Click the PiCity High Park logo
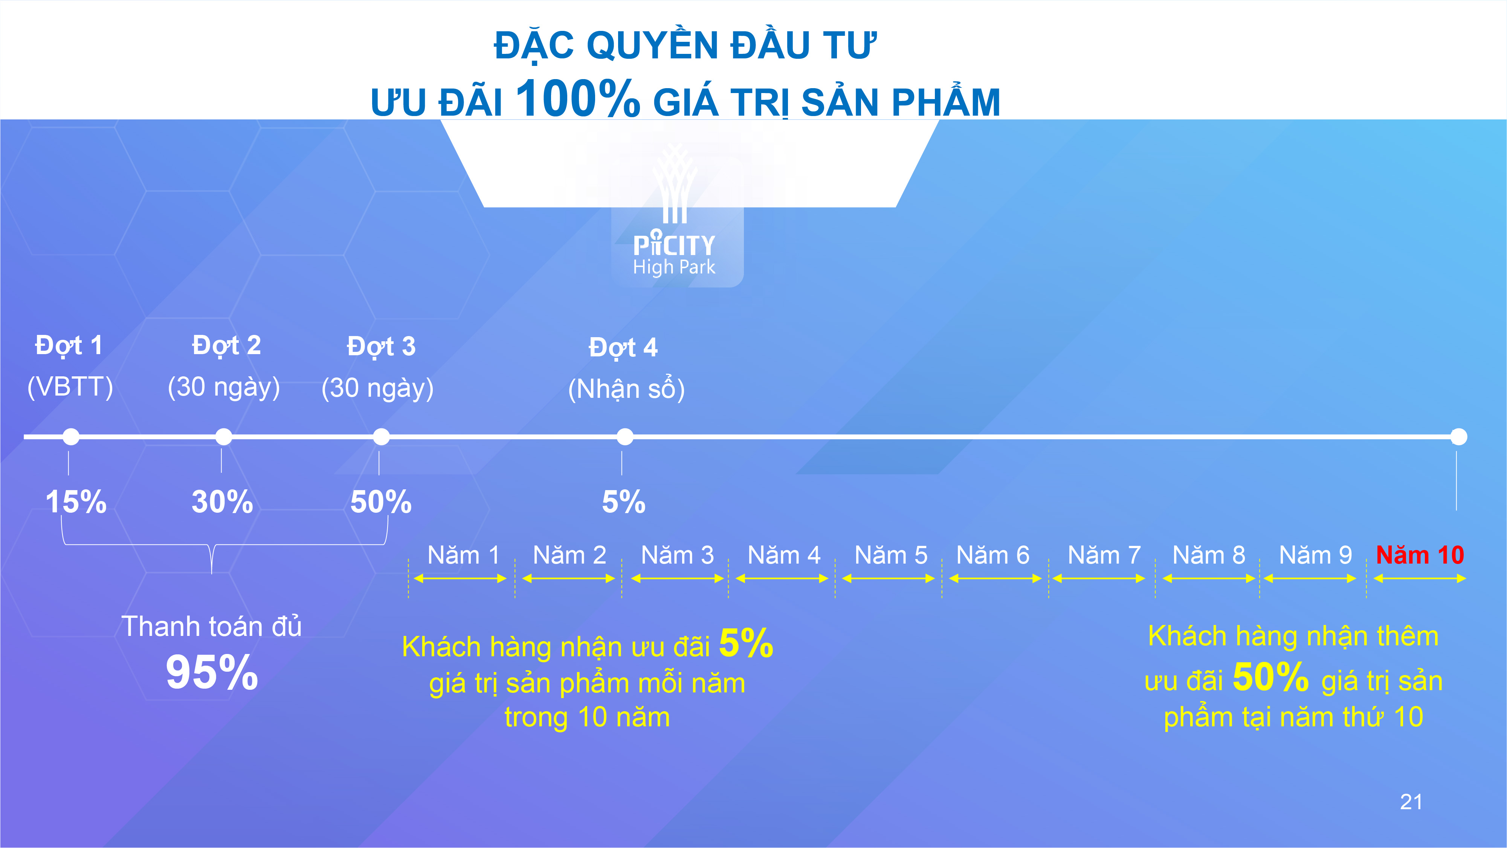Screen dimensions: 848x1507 point(675,217)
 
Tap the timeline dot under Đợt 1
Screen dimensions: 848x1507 point(71,437)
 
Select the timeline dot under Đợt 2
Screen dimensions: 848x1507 point(223,437)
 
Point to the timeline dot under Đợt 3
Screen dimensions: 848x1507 point(381,437)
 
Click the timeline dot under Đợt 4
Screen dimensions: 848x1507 point(625,437)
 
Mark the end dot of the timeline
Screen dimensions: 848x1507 point(1458,437)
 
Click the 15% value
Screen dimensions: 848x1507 point(76,502)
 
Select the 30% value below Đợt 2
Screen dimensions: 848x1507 point(222,502)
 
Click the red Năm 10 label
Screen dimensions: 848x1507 point(1420,555)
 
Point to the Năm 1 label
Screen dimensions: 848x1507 point(463,555)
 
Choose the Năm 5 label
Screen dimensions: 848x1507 point(890,555)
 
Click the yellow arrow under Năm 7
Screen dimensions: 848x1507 point(1099,579)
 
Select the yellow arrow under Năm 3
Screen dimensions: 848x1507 point(678,579)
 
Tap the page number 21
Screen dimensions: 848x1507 point(1411,802)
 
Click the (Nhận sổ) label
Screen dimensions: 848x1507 point(626,389)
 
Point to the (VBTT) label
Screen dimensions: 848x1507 point(70,387)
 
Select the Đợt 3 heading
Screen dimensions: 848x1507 point(381,347)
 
